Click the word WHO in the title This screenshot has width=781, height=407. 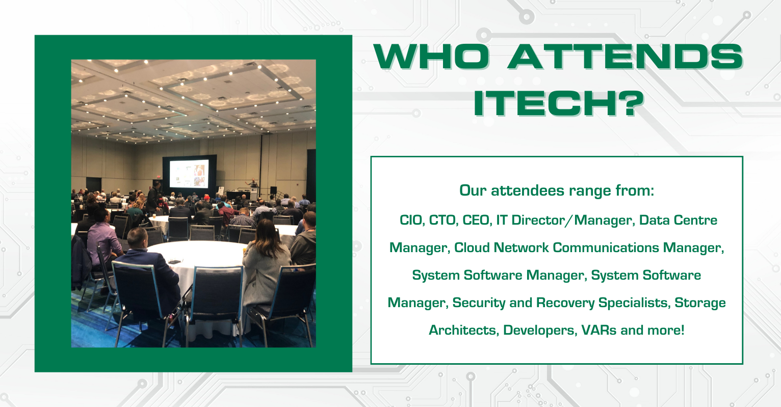[432, 57]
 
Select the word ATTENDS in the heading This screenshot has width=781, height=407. [625, 57]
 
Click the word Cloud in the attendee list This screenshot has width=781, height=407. [472, 248]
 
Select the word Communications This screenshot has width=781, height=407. [606, 248]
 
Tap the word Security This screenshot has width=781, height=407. [479, 303]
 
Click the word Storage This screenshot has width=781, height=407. [700, 303]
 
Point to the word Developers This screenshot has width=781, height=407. [539, 331]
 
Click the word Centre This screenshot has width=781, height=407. [695, 220]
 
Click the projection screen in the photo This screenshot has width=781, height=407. [189, 174]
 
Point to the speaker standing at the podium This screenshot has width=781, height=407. [253, 185]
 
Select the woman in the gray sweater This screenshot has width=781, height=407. [266, 265]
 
